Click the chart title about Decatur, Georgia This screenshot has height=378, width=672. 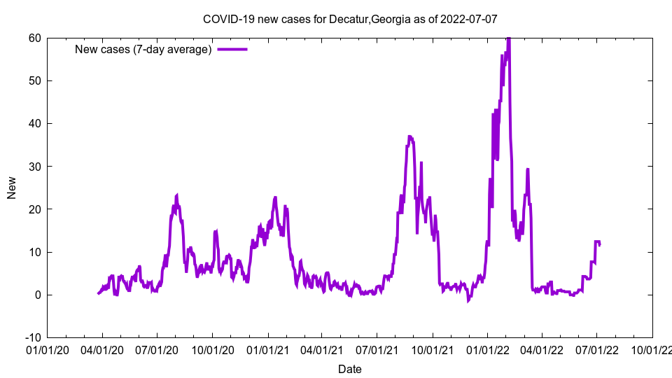pos(350,19)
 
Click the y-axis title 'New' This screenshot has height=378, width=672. pos(12,188)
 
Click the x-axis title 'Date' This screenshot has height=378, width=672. pos(350,369)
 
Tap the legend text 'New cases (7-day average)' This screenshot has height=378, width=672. pos(143,49)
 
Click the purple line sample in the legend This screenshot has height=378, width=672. pos(232,49)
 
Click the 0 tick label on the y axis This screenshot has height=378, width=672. pos(37,295)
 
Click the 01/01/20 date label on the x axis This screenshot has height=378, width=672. pos(47,349)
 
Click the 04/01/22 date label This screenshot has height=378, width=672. pos(542,349)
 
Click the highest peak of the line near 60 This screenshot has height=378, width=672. pos(508,38)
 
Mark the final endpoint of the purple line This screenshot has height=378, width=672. pos(599,244)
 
